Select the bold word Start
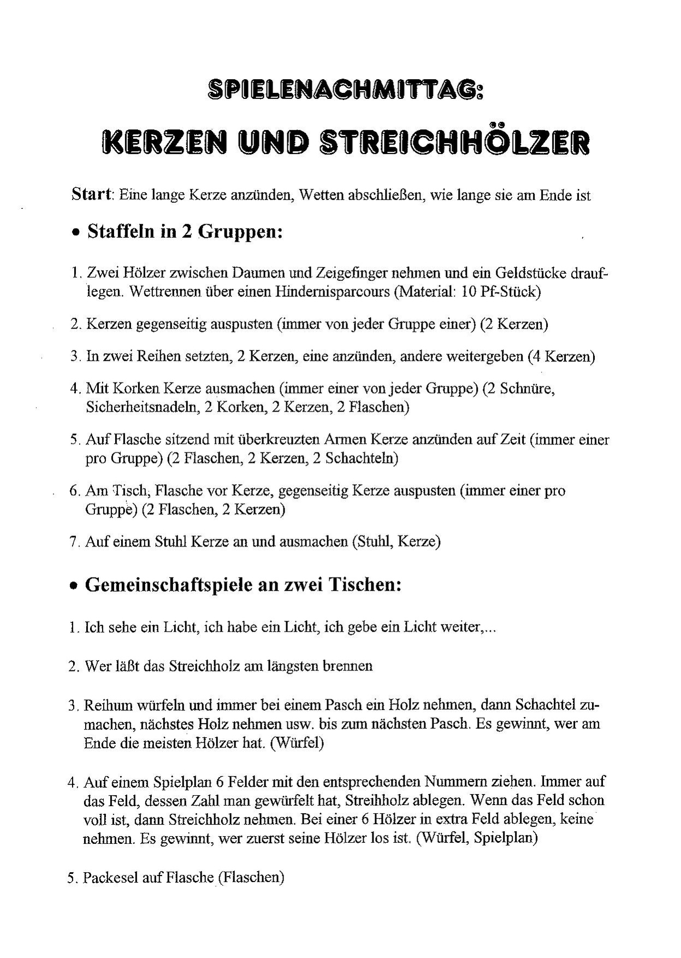(91, 195)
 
